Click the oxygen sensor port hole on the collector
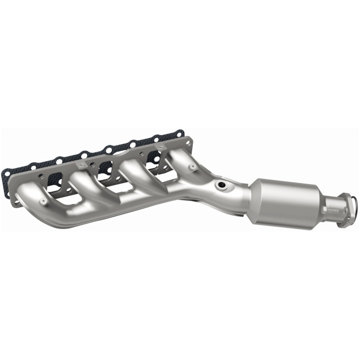(x=220, y=184)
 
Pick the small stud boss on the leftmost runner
(x=43, y=201)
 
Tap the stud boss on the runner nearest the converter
(x=192, y=166)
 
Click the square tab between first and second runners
(x=80, y=166)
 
